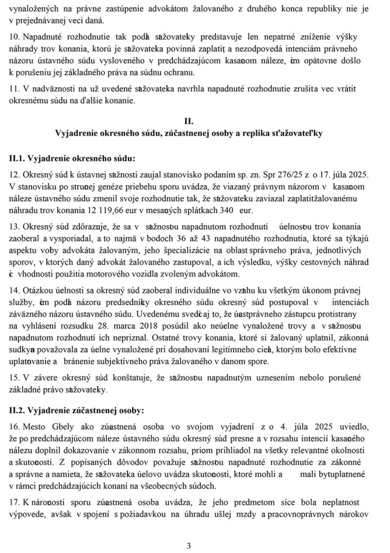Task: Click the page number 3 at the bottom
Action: pyautogui.click(x=189, y=545)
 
